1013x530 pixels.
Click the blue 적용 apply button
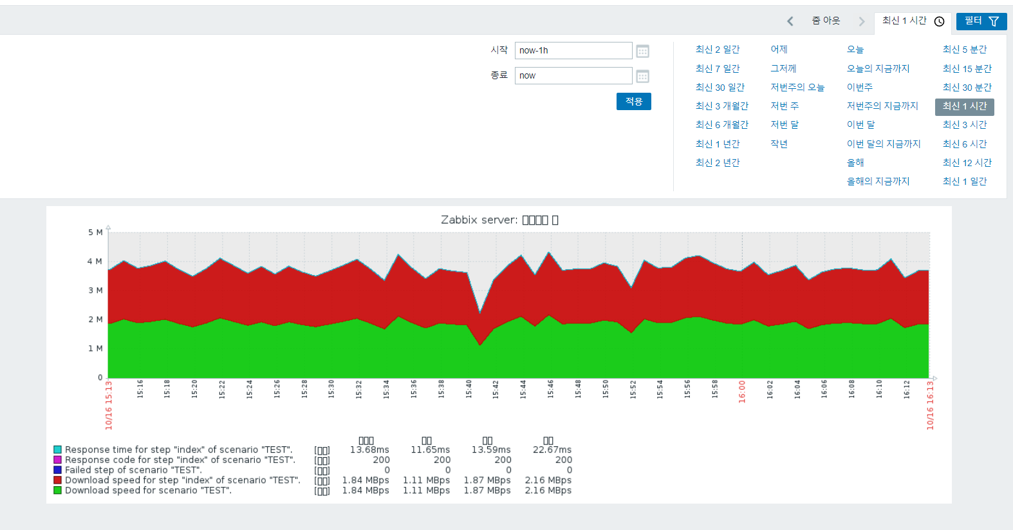tap(633, 102)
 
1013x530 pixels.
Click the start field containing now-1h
tap(573, 50)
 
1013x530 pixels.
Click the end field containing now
tap(573, 75)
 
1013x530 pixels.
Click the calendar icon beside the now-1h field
tap(642, 51)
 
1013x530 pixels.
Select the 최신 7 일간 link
tap(718, 68)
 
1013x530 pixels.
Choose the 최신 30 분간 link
tap(967, 87)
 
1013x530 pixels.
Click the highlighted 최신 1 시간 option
tap(964, 106)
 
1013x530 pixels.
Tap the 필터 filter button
tap(981, 21)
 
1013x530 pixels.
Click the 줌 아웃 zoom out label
tap(826, 21)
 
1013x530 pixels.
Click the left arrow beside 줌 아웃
tap(790, 21)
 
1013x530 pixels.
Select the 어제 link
tap(779, 49)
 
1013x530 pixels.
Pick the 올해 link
tap(855, 162)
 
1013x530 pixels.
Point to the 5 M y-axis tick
tap(95, 232)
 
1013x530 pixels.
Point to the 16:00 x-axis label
tap(742, 392)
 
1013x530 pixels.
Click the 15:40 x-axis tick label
tap(469, 389)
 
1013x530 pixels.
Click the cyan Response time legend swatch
tap(57, 450)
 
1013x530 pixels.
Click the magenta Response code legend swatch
tap(57, 460)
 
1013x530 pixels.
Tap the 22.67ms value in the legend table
tap(552, 450)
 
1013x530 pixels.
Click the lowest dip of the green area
tap(480, 345)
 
